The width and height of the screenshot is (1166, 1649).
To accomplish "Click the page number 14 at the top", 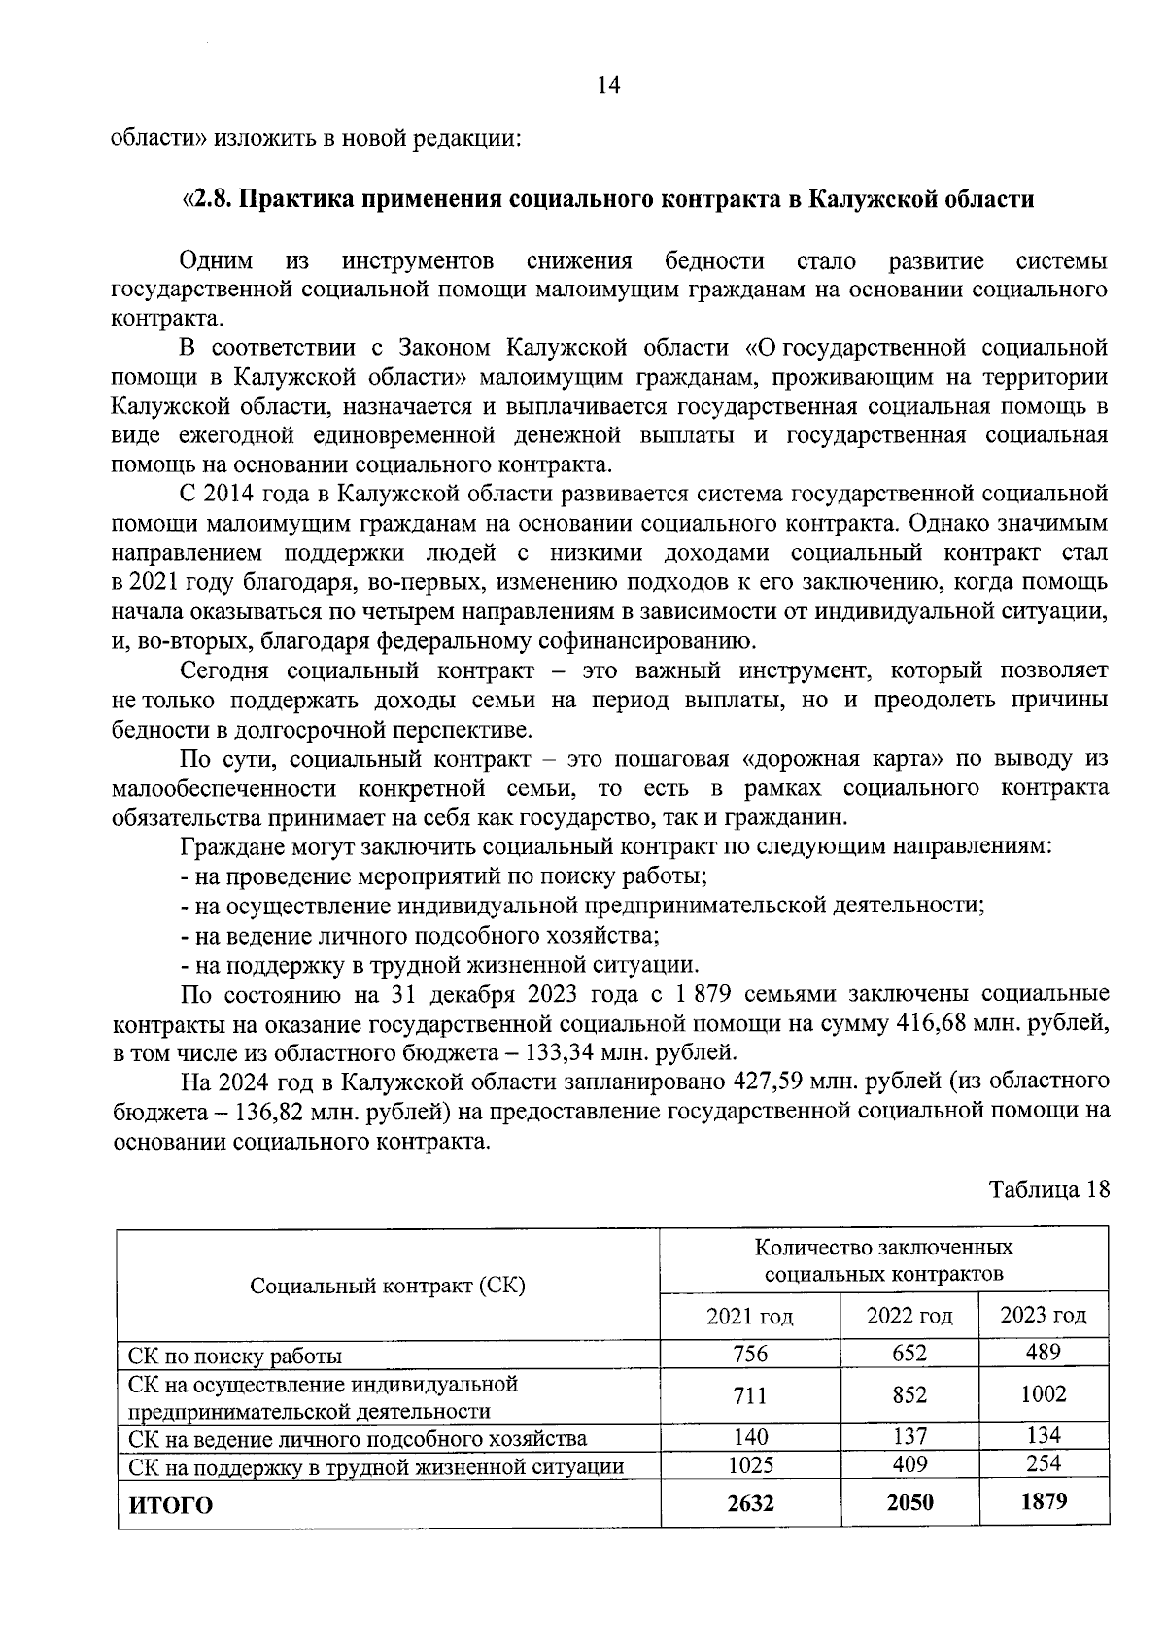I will pyautogui.click(x=608, y=86).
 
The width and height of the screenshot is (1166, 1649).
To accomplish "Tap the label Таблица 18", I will pyautogui.click(x=1048, y=1189).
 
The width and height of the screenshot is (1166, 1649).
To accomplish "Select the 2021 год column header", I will pyautogui.click(x=749, y=1317).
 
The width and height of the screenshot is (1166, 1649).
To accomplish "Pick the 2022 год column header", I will pyautogui.click(x=909, y=1317).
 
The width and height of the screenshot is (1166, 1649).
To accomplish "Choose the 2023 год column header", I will pyautogui.click(x=1043, y=1316).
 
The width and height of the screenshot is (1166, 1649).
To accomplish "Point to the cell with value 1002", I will pyautogui.click(x=1043, y=1394).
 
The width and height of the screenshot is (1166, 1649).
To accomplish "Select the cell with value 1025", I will pyautogui.click(x=749, y=1464).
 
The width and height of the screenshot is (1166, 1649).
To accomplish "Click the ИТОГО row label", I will pyautogui.click(x=171, y=1506).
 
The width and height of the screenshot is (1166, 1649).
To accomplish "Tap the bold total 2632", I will pyautogui.click(x=749, y=1503).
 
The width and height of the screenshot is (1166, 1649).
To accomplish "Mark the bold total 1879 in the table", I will pyautogui.click(x=1043, y=1501).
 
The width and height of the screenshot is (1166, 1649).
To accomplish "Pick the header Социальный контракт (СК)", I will pyautogui.click(x=388, y=1286).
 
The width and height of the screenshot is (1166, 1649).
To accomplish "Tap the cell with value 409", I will pyautogui.click(x=909, y=1463).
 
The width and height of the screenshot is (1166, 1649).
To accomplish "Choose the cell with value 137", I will pyautogui.click(x=909, y=1436).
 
